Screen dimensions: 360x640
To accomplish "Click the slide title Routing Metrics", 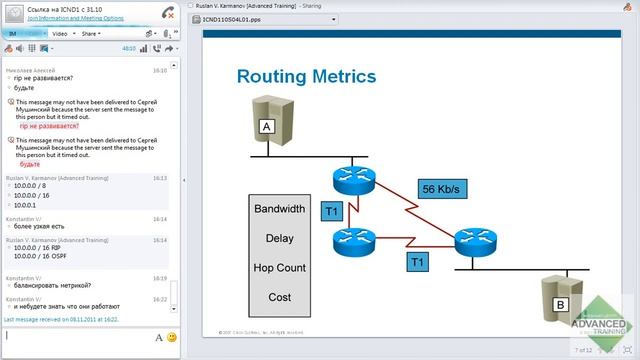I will coord(305,76).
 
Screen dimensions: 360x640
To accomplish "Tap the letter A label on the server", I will coord(266,127).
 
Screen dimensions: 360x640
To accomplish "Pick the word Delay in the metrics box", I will coord(279,239).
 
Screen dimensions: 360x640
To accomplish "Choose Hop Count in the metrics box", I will coord(279,268).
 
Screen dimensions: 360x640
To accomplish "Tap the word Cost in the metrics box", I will coord(279,297).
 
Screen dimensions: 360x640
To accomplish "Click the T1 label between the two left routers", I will coord(332,212).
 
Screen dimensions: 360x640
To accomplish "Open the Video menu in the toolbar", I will coord(60,33).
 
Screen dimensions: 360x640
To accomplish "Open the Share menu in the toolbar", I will coord(91,33).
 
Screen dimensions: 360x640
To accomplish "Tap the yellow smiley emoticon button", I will coord(172,338).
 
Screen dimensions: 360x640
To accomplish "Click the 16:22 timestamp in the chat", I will coord(160,298).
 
